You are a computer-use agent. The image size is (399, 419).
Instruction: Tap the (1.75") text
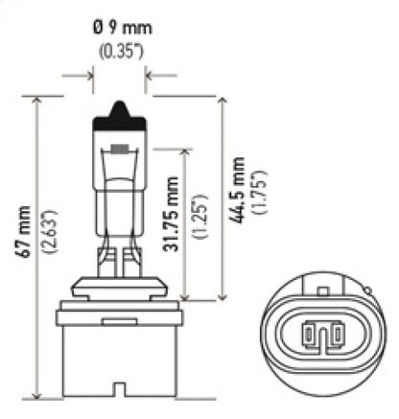[258, 189]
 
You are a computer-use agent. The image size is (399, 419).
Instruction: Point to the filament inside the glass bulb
[119, 151]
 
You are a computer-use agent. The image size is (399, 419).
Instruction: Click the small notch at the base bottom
[119, 389]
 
